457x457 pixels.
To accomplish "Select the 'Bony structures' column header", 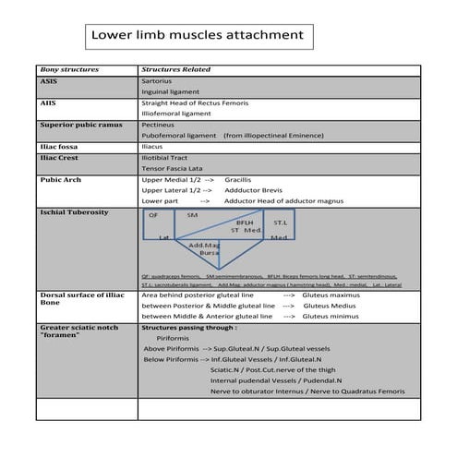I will pos(68,69).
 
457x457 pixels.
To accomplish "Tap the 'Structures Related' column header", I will pos(175,69).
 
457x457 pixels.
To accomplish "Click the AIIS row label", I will pos(49,102).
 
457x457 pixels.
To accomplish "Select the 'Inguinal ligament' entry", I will pos(173,92).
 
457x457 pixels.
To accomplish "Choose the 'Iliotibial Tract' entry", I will pos(169,157).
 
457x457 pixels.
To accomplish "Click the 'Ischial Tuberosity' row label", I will pos(74,211).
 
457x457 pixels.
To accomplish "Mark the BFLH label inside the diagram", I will pos(245,222).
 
